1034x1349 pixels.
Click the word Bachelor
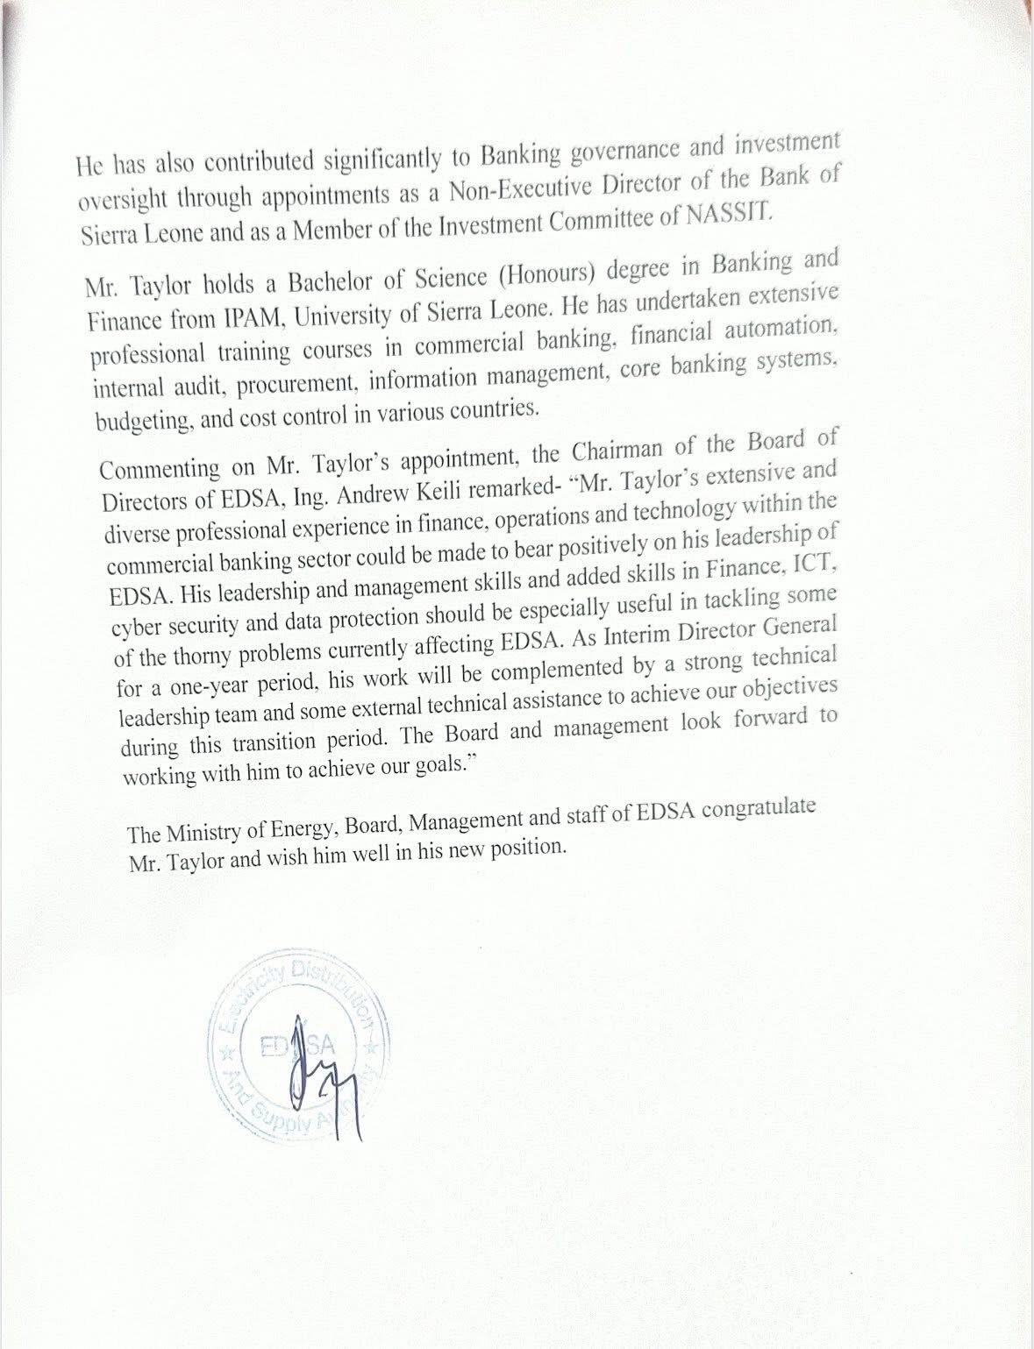pos(337,282)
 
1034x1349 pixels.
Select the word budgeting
pos(143,421)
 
